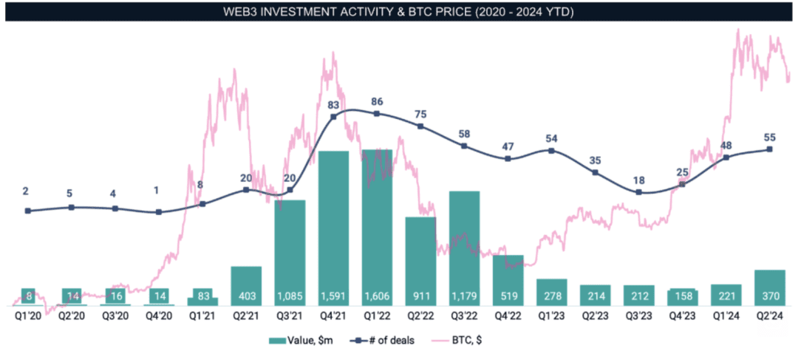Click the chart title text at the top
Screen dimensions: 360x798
pos(399,13)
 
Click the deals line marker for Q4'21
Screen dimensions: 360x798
pos(333,116)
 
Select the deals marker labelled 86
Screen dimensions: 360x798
pos(377,114)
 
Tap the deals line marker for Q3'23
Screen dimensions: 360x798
pos(638,192)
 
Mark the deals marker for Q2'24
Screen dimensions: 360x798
pos(770,149)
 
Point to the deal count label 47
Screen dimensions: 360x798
pos(508,146)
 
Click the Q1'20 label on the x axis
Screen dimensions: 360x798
pos(28,314)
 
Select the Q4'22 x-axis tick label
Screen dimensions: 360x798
pos(508,314)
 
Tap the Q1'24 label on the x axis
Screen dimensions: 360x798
pos(726,314)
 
